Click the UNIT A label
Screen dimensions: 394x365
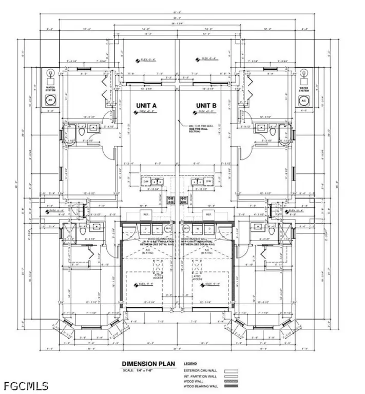146,105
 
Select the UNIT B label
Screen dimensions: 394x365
206,105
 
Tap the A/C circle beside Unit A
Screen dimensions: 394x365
51,100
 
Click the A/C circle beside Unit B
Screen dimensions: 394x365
304,100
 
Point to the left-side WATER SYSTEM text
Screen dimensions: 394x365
51,88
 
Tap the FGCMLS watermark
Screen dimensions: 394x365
25,385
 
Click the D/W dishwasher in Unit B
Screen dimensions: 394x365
209,181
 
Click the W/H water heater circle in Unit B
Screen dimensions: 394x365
185,228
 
